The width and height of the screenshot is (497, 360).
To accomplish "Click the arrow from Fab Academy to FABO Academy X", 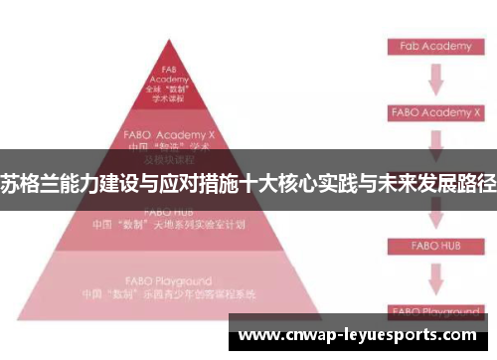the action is [434, 79].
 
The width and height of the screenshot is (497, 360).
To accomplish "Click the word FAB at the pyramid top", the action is [168, 70].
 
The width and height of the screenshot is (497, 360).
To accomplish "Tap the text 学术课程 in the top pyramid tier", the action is [168, 99].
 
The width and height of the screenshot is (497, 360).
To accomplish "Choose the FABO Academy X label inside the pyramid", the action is [168, 131].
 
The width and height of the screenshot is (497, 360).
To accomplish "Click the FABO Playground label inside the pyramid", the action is [168, 281].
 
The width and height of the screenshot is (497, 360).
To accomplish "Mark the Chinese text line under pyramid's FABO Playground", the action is [168, 294].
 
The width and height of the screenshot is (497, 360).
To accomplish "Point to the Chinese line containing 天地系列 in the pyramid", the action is [168, 225].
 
